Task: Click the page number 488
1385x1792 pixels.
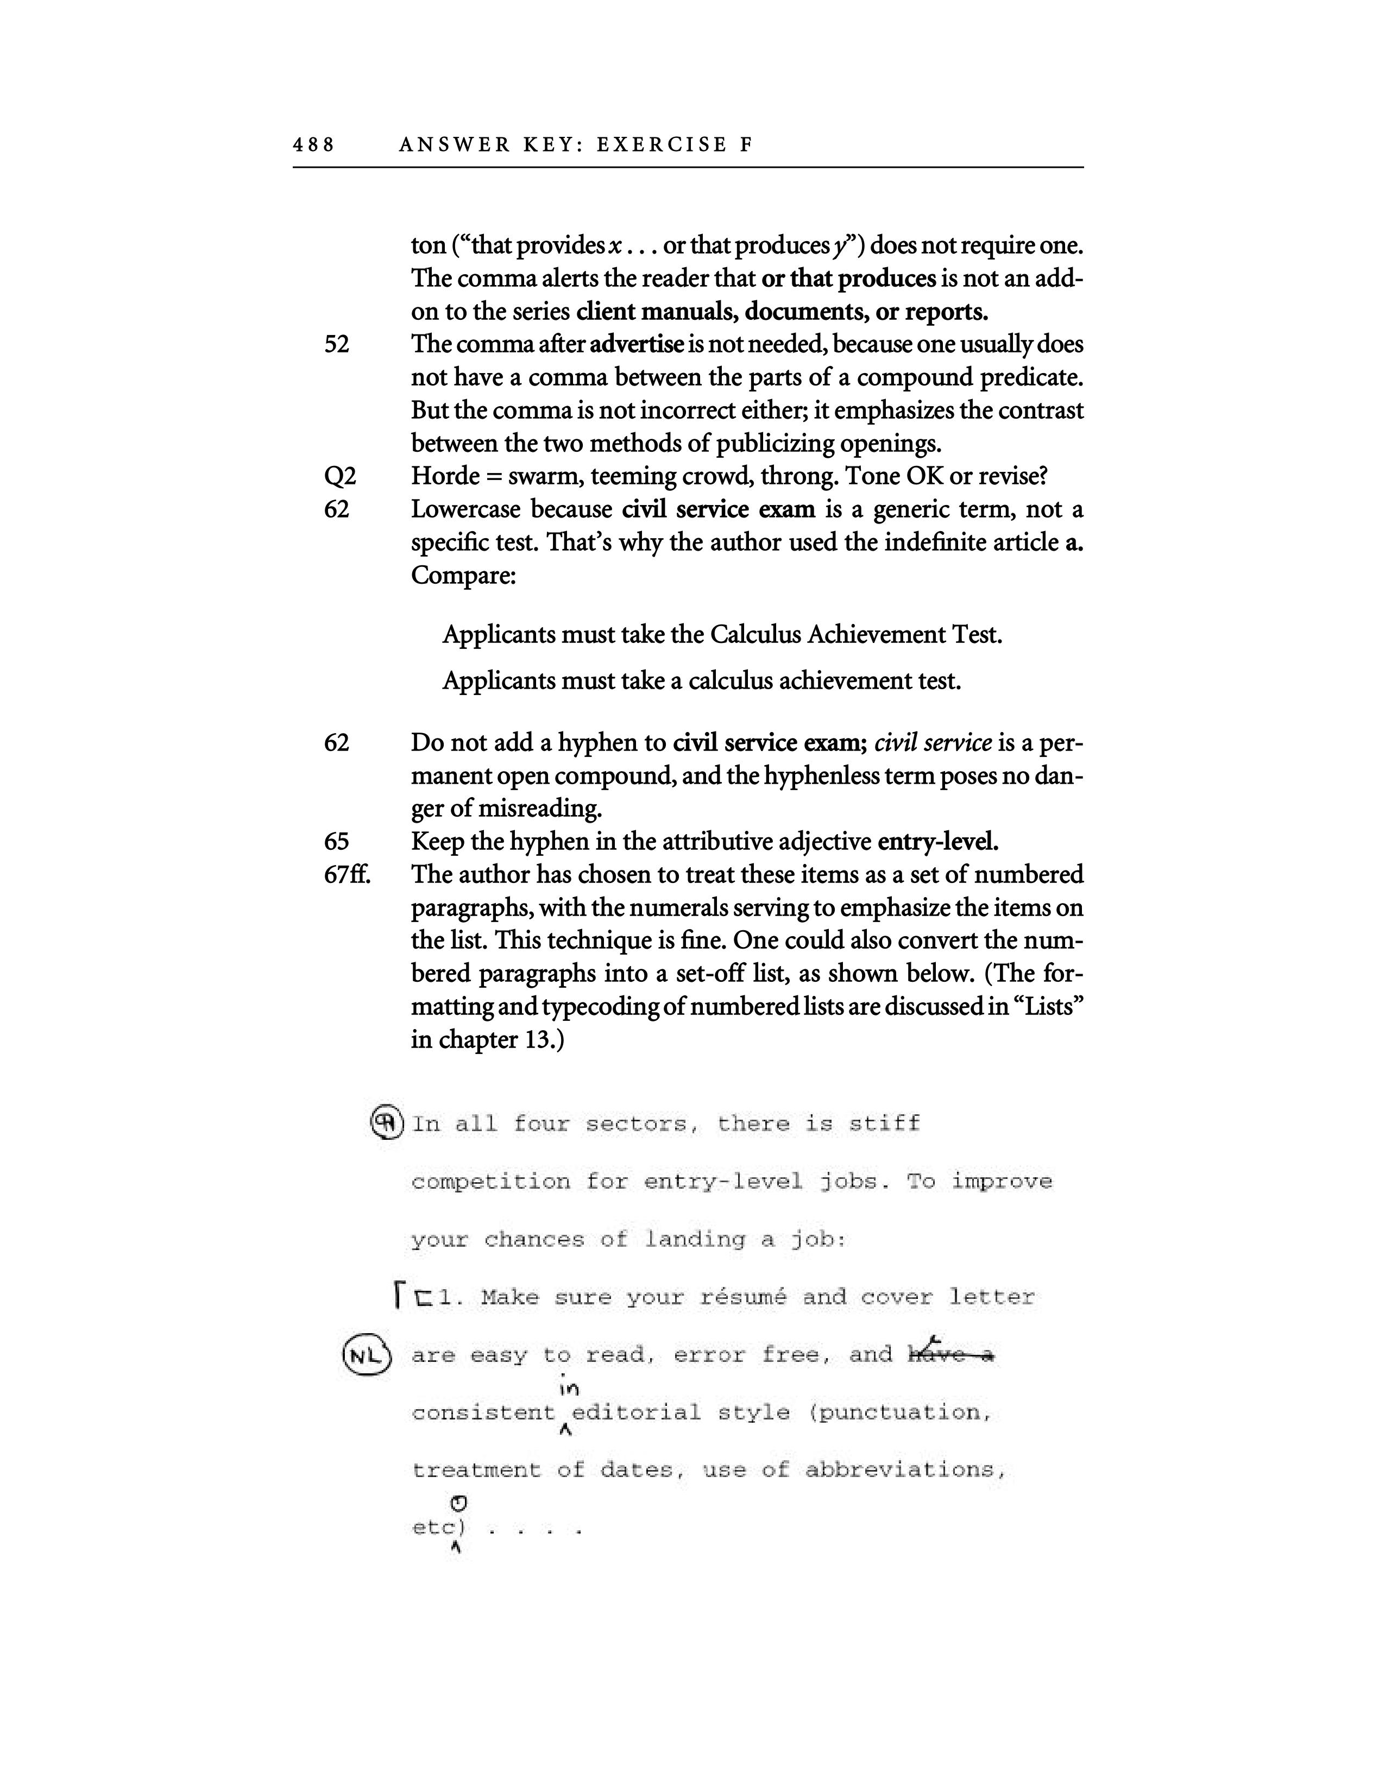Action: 313,145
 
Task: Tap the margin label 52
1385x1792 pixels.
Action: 336,345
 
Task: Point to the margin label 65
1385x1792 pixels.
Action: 336,842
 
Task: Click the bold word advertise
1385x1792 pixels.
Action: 636,345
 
